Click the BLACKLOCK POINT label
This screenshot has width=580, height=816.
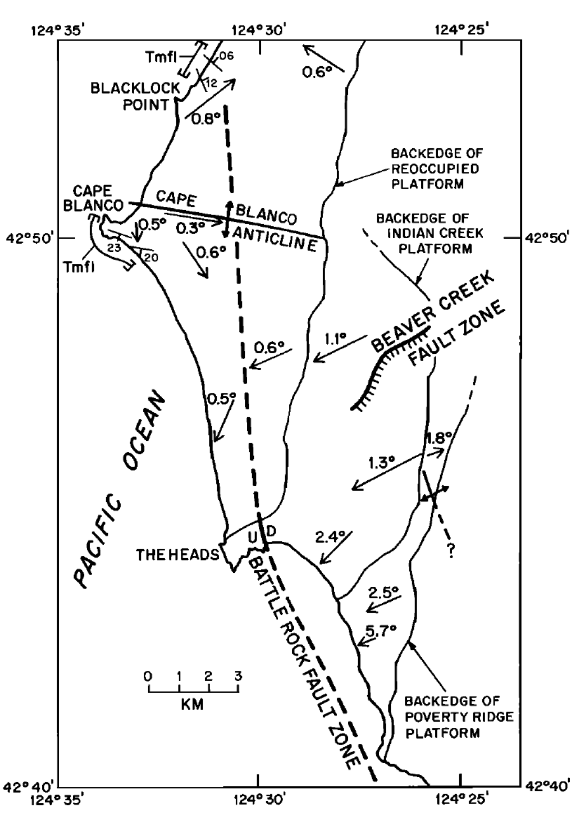(135, 96)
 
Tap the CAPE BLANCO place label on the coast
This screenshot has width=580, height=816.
(93, 199)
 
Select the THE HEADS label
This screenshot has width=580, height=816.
(177, 555)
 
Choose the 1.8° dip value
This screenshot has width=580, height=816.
(439, 437)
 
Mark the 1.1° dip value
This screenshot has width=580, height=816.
(335, 339)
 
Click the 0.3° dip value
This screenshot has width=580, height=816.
(190, 228)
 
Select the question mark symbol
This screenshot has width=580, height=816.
(451, 551)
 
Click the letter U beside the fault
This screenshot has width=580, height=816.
(253, 539)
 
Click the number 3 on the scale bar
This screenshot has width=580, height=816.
(238, 676)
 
